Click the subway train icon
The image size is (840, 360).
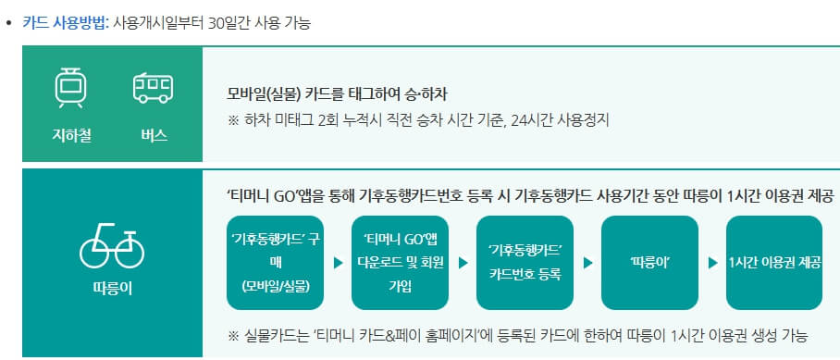point(70,87)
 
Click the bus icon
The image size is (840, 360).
point(153,88)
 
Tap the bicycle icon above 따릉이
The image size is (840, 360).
point(112,244)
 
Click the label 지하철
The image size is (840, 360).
point(70,135)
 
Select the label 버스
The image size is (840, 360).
point(153,135)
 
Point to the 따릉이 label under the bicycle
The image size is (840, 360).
point(112,289)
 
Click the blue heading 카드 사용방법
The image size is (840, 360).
point(64,23)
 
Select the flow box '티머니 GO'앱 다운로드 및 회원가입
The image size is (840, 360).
point(400,263)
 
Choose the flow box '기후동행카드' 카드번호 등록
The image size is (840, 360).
point(525,263)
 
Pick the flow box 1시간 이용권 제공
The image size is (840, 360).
point(774,263)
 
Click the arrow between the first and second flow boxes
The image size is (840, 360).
point(338,263)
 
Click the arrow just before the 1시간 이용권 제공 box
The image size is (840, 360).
point(712,263)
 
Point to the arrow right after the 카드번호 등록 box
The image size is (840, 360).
point(587,263)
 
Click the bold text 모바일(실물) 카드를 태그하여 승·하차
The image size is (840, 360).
point(337,94)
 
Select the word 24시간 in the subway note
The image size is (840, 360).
point(530,119)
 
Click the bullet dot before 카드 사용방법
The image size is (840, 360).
point(10,23)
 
